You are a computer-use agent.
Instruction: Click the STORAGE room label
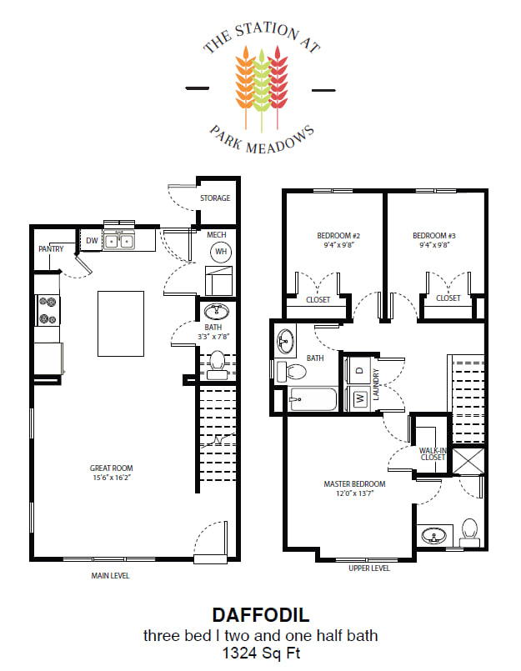point(215,198)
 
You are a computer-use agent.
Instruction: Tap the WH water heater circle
point(221,252)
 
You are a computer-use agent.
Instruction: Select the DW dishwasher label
point(92,241)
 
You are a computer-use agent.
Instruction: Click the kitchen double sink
point(119,241)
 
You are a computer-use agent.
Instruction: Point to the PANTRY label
point(51,248)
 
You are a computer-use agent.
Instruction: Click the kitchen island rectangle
point(121,323)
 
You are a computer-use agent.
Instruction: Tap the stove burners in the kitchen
point(48,310)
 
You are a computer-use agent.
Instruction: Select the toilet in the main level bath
point(217,365)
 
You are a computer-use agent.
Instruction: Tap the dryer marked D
point(359,370)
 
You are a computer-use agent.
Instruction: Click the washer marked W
point(359,398)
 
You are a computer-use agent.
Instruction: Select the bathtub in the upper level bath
point(313,399)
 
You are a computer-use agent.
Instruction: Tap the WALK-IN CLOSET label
point(433,454)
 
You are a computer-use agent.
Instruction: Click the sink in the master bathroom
point(434,535)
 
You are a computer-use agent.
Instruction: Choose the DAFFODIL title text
point(261,615)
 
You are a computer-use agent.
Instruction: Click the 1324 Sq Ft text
point(261,653)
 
